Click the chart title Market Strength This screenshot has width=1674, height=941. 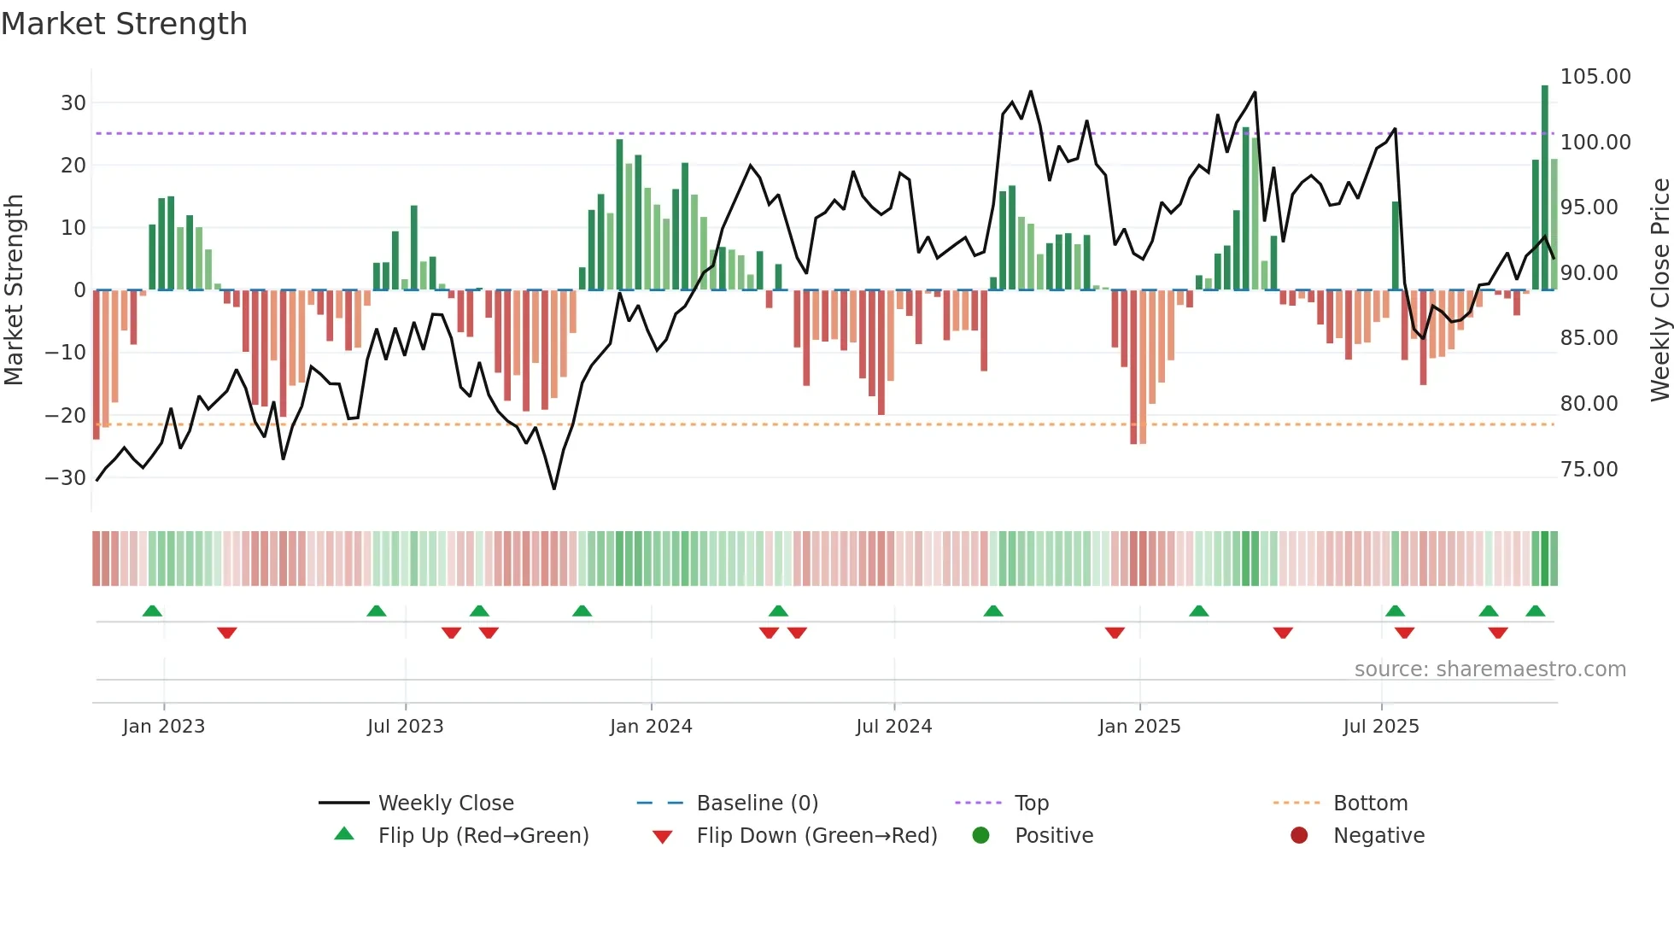[x=124, y=24]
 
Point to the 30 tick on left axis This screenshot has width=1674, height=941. [x=73, y=103]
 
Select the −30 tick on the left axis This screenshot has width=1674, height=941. [x=66, y=478]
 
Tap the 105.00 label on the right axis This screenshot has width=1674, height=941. [x=1595, y=77]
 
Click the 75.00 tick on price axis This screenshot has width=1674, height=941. [x=1589, y=470]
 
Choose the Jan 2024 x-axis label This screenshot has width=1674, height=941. [x=651, y=727]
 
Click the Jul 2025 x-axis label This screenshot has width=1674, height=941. [x=1380, y=727]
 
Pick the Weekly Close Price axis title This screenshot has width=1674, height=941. [x=1659, y=289]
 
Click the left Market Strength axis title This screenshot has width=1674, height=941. [x=14, y=289]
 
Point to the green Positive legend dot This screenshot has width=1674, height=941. [x=980, y=836]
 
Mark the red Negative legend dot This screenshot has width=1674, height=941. [x=1299, y=836]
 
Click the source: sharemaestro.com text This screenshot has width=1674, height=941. [x=1490, y=669]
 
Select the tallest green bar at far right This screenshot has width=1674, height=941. [x=1544, y=188]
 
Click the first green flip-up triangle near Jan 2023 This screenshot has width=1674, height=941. [x=152, y=611]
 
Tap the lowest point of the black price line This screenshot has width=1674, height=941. [x=554, y=488]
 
